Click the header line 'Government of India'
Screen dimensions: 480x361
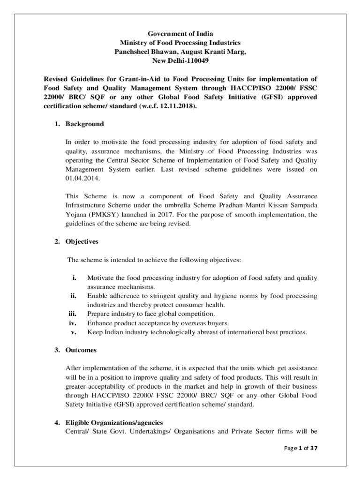pyautogui.click(x=180, y=34)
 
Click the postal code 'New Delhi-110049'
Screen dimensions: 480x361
pyautogui.click(x=180, y=61)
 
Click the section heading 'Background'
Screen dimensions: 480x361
pyautogui.click(x=84, y=124)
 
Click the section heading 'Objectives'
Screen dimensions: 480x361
pyautogui.click(x=82, y=242)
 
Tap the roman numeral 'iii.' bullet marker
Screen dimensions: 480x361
pyautogui.click(x=73, y=314)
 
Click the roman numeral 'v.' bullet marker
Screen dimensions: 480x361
pyautogui.click(x=74, y=332)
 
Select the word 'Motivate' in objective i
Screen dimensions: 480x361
pyautogui.click(x=101, y=278)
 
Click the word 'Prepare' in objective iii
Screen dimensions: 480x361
pyautogui.click(x=99, y=314)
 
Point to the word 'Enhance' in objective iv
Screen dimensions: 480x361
pyautogui.click(x=100, y=323)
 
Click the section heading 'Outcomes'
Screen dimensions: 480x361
pyautogui.click(x=81, y=350)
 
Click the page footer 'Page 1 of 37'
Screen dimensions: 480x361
pyautogui.click(x=301, y=448)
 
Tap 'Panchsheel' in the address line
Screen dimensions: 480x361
pyautogui.click(x=133, y=52)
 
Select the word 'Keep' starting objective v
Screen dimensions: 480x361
pyautogui.click(x=95, y=332)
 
